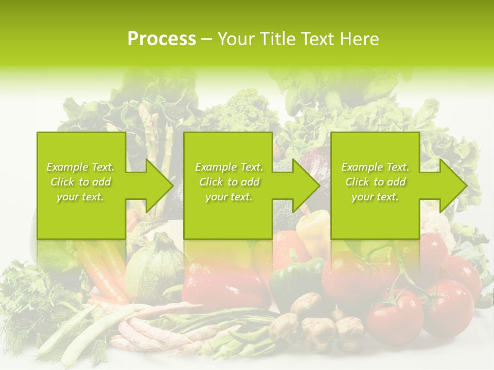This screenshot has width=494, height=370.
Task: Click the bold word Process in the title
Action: [162, 39]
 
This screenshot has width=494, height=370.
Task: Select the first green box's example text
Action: [81, 182]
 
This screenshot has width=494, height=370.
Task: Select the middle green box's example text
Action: [228, 182]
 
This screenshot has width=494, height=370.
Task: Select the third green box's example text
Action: [375, 182]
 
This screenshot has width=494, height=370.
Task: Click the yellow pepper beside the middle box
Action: [314, 226]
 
